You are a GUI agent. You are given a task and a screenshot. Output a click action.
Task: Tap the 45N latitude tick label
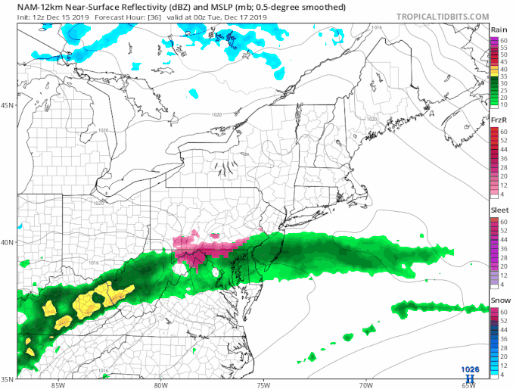8,104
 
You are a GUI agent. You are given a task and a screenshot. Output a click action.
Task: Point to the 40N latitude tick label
8,242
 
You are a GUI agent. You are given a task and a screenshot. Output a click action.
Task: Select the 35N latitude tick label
8,379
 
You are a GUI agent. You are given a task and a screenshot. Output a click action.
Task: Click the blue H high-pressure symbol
471,377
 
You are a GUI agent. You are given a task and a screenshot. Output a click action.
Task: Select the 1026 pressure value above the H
470,369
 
